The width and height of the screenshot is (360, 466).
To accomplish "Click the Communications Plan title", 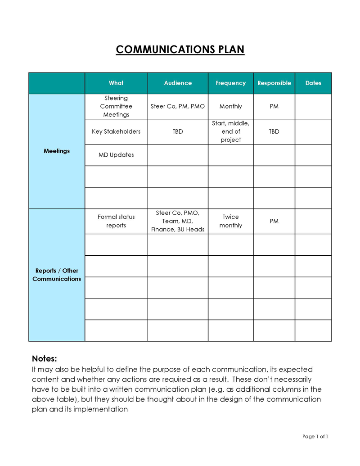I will tap(180, 49).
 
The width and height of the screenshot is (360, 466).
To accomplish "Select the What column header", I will tap(116, 83).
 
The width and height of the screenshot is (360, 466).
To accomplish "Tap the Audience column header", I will tap(178, 83).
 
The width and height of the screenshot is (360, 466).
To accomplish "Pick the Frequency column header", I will tap(231, 83).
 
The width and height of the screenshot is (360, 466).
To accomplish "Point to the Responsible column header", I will tap(274, 83).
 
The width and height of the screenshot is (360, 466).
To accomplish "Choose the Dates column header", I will tap(313, 83).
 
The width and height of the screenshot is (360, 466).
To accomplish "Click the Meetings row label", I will tap(57, 151).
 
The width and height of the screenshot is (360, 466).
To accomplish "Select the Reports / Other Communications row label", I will tap(57, 275).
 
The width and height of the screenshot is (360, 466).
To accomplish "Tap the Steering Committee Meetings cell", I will tap(116, 106).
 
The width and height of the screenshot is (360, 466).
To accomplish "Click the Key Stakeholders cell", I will tap(116, 131).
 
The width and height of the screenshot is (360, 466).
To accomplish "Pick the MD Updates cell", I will tap(116, 155).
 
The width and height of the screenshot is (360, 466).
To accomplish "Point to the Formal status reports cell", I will tap(116, 221).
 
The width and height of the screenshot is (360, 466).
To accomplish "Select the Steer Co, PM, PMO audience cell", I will tap(178, 106).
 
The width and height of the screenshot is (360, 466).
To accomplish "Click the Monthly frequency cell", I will tap(231, 106).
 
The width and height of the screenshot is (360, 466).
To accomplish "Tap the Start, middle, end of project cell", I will tap(231, 131).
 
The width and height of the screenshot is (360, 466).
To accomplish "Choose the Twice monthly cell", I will tap(231, 221).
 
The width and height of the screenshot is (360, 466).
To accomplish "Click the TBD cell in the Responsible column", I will tap(274, 131).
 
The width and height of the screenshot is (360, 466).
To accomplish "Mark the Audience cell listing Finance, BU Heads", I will tap(178, 221).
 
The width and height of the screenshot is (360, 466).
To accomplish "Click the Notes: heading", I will tap(45, 358).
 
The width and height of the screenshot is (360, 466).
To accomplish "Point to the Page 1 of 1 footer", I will tap(315, 436).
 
